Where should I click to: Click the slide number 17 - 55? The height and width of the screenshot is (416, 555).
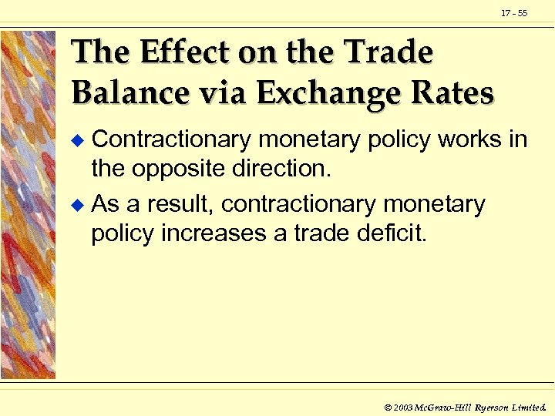click(514, 13)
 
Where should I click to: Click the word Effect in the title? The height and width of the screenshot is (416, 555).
click(175, 53)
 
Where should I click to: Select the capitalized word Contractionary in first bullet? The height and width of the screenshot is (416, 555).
click(171, 139)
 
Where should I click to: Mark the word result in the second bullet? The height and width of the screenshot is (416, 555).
click(179, 205)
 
